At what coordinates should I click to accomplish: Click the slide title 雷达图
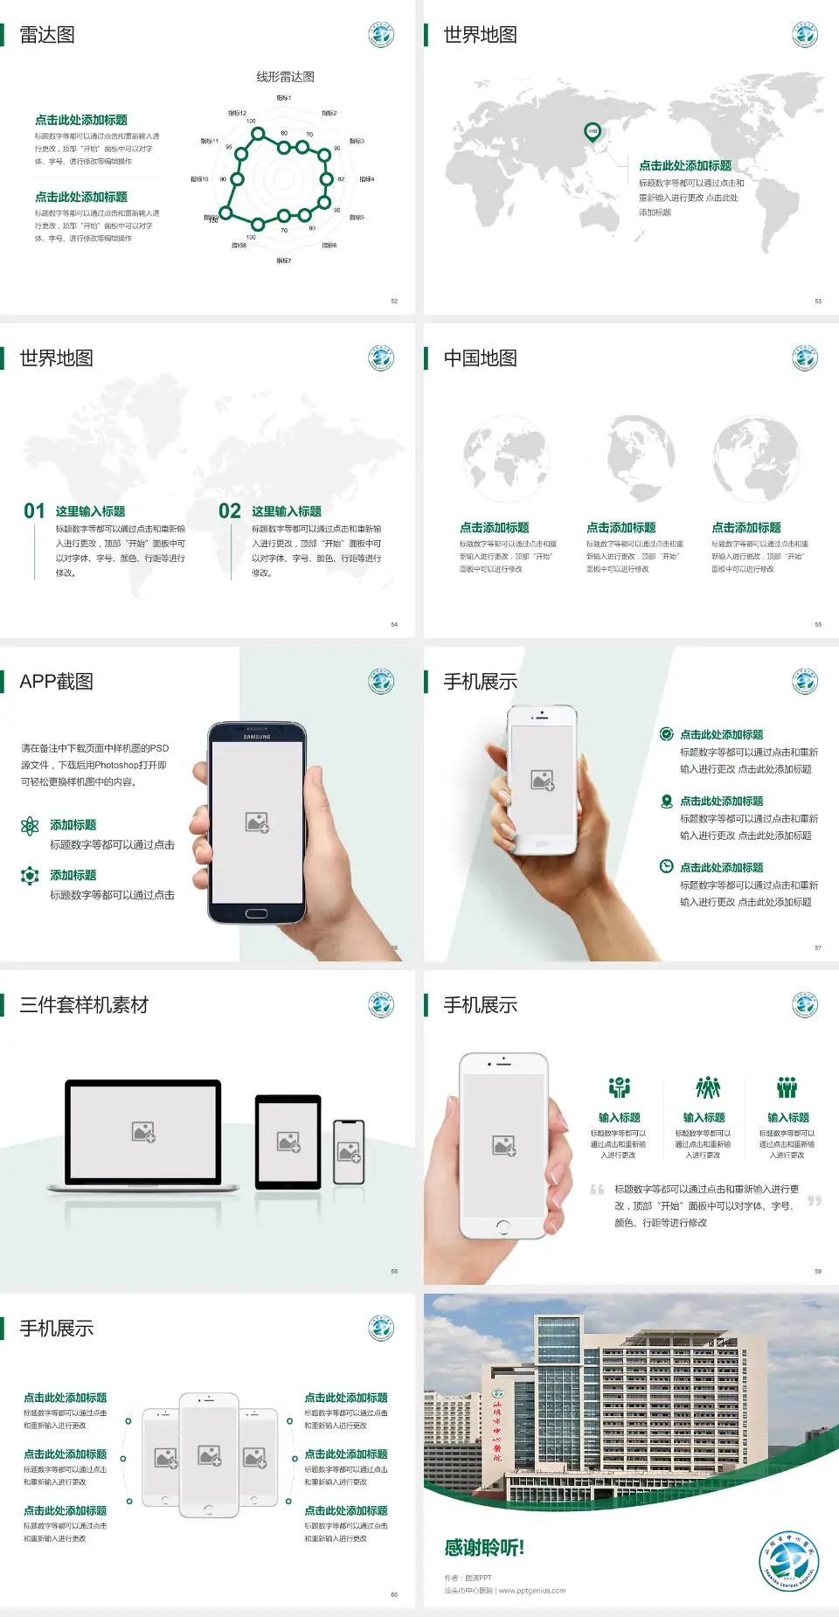coord(47,35)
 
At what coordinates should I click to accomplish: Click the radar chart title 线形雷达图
coord(285,77)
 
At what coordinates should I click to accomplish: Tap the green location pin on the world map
coord(593,132)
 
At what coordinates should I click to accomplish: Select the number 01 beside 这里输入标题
coord(34,511)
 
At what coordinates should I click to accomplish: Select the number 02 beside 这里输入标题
coord(230,511)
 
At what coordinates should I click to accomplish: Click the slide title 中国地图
coord(480,358)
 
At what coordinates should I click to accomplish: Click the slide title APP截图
coord(57,682)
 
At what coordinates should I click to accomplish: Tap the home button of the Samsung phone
coord(256,913)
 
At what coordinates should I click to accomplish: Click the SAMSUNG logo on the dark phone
coord(257,737)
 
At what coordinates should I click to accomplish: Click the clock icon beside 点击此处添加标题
coord(666,866)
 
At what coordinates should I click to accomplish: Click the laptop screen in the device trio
coord(143,1131)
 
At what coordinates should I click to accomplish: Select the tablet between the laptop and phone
coord(288,1141)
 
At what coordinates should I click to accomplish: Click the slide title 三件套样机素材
coord(84,1005)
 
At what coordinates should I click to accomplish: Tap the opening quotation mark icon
coord(597,1190)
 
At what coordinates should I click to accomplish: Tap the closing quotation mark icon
coord(815,1201)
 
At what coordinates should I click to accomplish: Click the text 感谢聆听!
coord(484,1548)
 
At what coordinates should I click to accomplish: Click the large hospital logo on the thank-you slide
coord(789,1561)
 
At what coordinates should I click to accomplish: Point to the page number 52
coord(394,301)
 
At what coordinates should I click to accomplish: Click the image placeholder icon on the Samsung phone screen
coord(257,822)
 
